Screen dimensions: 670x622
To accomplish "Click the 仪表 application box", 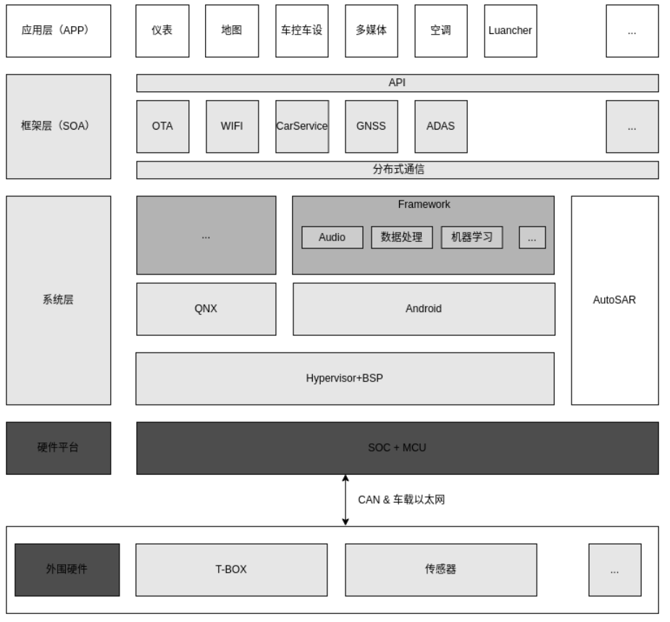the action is pyautogui.click(x=162, y=30).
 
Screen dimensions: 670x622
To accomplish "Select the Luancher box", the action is pyautogui.click(x=510, y=30).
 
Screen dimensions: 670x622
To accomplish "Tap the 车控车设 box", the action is pyautogui.click(x=301, y=30).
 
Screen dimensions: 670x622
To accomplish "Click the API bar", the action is pyautogui.click(x=398, y=83).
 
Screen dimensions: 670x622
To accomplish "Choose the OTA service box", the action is pyautogui.click(x=163, y=127).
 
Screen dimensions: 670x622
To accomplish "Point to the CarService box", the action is pyautogui.click(x=302, y=127).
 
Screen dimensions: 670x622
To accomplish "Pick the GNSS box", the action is pyautogui.click(x=372, y=127).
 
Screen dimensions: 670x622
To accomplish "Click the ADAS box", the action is pyautogui.click(x=441, y=127).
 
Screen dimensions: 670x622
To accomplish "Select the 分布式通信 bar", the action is pyautogui.click(x=398, y=170).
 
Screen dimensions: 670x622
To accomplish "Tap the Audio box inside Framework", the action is pyautogui.click(x=332, y=238).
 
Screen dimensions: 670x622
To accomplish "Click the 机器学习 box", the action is pyautogui.click(x=472, y=238).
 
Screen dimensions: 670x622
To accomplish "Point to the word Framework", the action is pyautogui.click(x=424, y=205).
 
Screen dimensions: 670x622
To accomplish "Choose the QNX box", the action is pyautogui.click(x=206, y=309).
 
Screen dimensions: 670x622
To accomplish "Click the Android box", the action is pyautogui.click(x=424, y=309).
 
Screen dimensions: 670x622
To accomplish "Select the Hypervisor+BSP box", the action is pyautogui.click(x=345, y=379).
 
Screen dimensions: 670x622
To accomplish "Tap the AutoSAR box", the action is pyautogui.click(x=615, y=301).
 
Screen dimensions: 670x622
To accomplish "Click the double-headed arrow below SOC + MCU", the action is pyautogui.click(x=346, y=500).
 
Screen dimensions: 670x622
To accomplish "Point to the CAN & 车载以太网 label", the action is pyautogui.click(x=401, y=500).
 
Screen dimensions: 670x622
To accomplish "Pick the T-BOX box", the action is pyautogui.click(x=232, y=570).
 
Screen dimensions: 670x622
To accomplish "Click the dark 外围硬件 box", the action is pyautogui.click(x=67, y=570).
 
